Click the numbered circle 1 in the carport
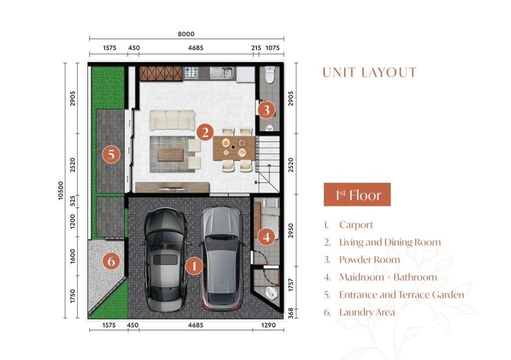(194, 266)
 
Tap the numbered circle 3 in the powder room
(266, 110)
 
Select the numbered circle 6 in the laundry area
(111, 261)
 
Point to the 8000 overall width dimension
(186, 34)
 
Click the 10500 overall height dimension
(60, 190)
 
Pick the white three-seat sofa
(172, 120)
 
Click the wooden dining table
(234, 148)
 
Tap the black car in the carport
(166, 259)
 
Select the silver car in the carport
(222, 257)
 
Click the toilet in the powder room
(270, 74)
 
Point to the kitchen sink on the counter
(222, 73)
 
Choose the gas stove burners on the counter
(191, 73)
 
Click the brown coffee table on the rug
(170, 155)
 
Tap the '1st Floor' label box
(357, 194)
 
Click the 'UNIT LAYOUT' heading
(370, 72)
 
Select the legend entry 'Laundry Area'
(367, 312)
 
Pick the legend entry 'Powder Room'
(370, 259)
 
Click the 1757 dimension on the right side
(291, 285)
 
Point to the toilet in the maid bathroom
(271, 293)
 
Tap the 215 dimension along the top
(256, 48)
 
